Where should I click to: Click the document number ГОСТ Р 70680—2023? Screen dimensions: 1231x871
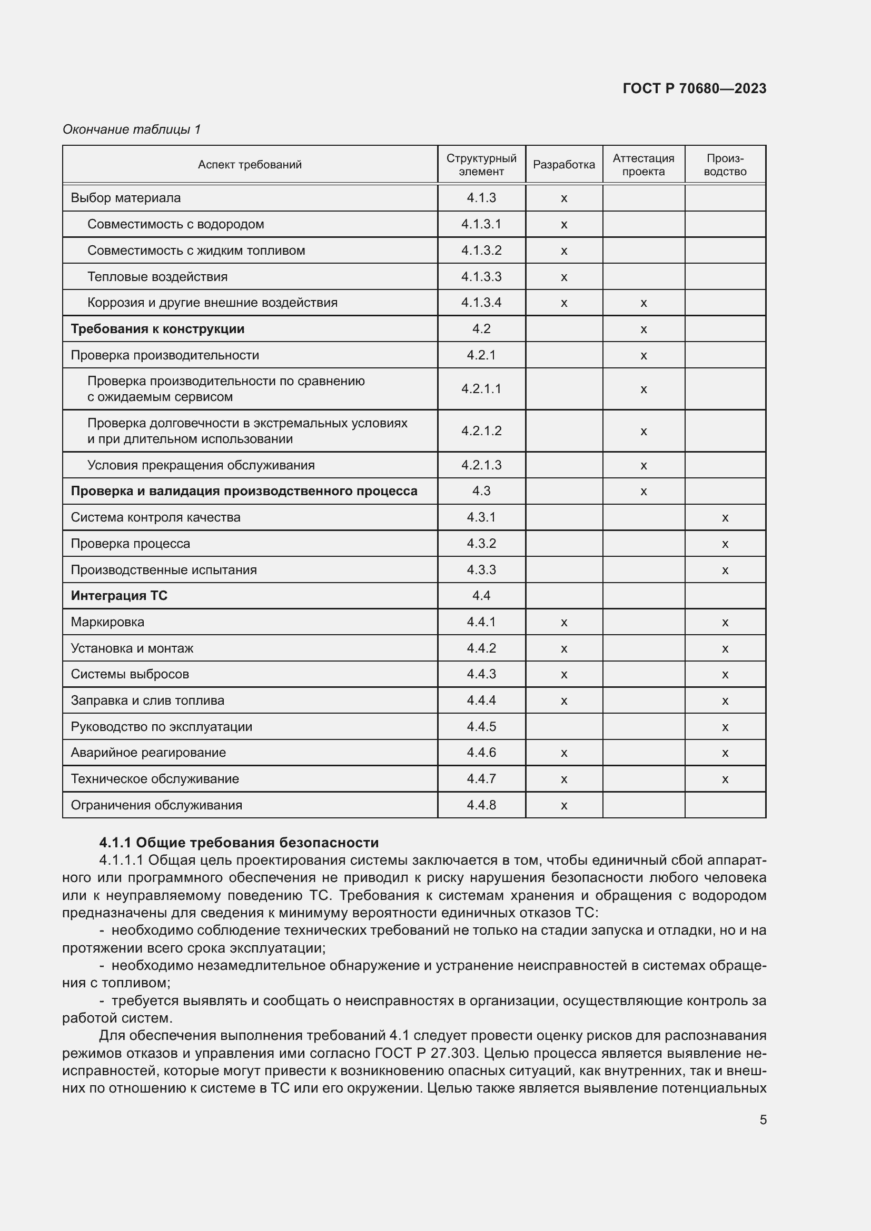pos(694,88)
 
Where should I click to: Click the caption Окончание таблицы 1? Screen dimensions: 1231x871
pos(132,129)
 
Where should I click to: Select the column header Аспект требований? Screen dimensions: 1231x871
pos(250,165)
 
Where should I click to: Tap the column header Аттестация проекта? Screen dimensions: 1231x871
pos(643,165)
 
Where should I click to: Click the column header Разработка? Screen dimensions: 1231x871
pos(563,165)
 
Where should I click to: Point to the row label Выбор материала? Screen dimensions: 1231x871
pos(125,198)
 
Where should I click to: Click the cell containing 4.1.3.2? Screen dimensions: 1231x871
pos(481,251)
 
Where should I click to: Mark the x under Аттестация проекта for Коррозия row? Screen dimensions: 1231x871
pos(644,303)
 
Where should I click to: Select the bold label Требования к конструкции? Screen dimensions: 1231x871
pos(157,328)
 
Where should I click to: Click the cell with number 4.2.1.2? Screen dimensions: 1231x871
pos(481,431)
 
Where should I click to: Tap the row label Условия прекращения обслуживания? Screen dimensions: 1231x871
pos(201,465)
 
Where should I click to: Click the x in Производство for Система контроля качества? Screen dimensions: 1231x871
pos(725,518)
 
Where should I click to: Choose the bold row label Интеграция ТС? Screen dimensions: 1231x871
pos(118,596)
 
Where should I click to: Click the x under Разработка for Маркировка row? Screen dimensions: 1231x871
pos(563,623)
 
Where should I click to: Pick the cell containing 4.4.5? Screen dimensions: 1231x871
pos(481,726)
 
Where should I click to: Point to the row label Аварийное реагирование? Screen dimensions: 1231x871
pos(148,752)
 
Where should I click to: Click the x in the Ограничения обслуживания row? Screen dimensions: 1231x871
pos(563,805)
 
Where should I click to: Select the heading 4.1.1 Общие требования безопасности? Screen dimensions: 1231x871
pos(239,843)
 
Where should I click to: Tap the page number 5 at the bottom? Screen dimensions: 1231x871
pos(763,1119)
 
